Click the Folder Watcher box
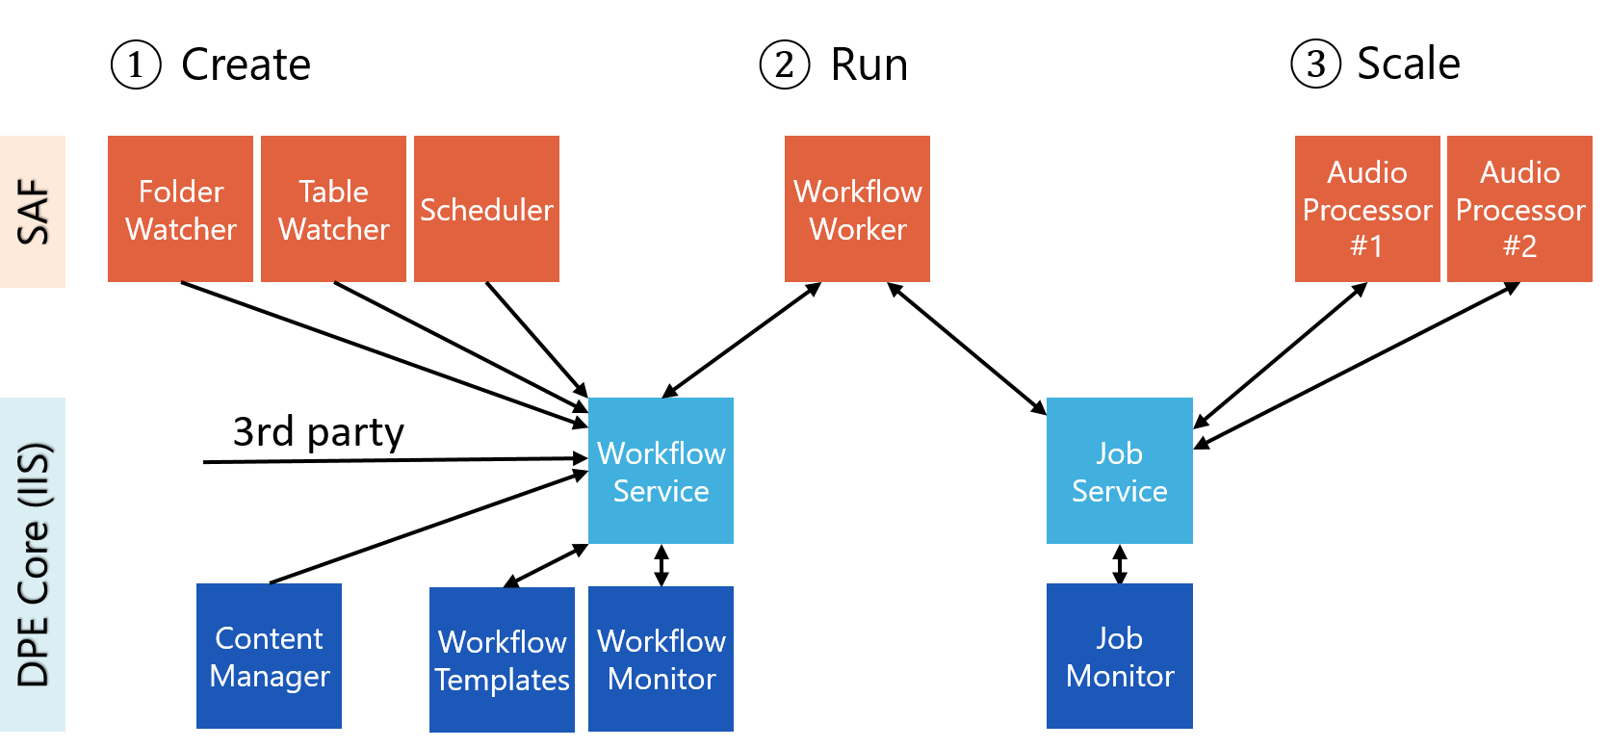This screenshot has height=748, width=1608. (180, 209)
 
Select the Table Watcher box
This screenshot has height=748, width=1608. (333, 209)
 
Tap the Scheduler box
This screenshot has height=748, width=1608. (486, 209)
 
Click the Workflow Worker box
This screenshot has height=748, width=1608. (857, 209)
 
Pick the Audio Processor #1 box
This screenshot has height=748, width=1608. (1366, 209)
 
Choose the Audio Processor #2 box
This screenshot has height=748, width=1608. (1519, 209)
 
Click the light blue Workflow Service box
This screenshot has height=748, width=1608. (661, 471)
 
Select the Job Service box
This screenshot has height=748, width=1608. (1119, 471)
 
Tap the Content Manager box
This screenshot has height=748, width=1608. (269, 656)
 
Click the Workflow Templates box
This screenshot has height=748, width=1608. (502, 659)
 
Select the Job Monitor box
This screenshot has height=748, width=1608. (1119, 656)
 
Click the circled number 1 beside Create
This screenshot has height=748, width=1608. (136, 64)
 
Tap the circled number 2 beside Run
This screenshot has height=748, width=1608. (785, 64)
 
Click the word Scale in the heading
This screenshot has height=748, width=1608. (1408, 64)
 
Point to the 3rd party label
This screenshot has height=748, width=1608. (318, 431)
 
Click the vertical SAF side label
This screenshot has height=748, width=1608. (33, 212)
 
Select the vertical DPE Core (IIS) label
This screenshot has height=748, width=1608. (33, 564)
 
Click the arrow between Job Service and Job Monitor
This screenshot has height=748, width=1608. (1119, 564)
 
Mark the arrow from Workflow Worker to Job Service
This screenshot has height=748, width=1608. (967, 348)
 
